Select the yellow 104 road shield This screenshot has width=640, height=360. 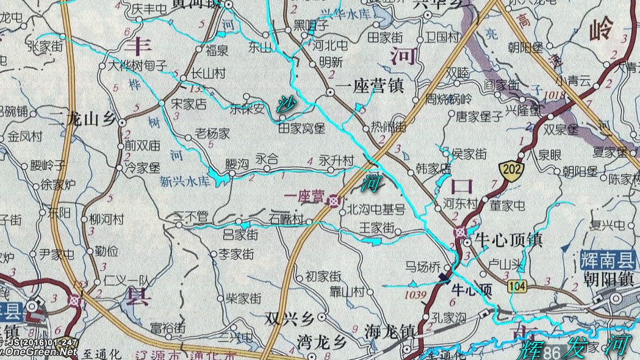(x=518, y=285)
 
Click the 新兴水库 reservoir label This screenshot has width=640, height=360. (x=184, y=181)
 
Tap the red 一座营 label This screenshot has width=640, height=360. (x=304, y=196)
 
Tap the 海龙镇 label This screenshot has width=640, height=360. (x=389, y=331)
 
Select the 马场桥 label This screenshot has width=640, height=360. (x=422, y=266)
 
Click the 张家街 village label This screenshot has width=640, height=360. (x=45, y=46)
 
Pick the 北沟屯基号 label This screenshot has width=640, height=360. (x=376, y=211)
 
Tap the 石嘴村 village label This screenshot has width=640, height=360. (x=286, y=218)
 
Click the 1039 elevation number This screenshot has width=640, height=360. (x=415, y=295)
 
